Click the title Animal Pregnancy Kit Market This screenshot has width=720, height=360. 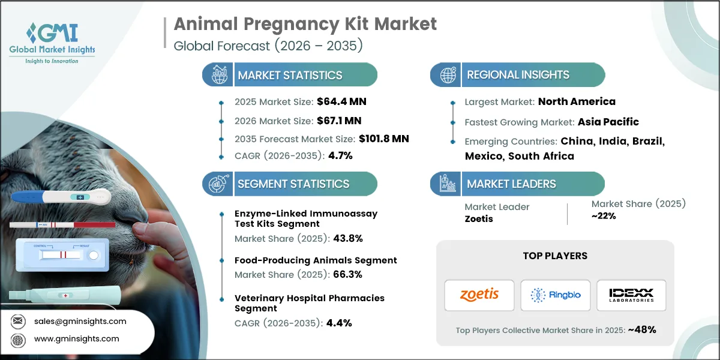[305, 24]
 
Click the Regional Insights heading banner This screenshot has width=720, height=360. [518, 75]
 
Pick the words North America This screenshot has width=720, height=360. [576, 101]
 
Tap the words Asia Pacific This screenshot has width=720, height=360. [608, 122]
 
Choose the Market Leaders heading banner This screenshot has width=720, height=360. [517, 184]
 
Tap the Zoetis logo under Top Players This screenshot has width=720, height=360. [479, 295]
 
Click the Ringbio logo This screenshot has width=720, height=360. [555, 295]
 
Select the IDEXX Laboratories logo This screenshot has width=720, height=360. [631, 295]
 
